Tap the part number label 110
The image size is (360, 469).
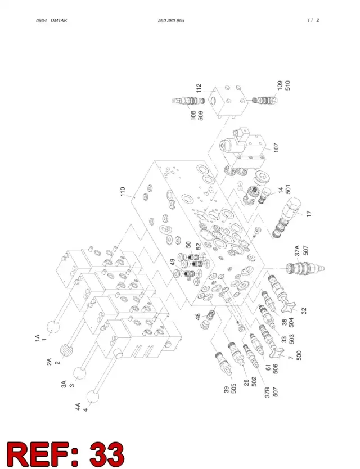pos(123,191)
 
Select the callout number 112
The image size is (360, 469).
pos(199,88)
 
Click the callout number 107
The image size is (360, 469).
pos(276,147)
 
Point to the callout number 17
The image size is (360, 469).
pos(309,214)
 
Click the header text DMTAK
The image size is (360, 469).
pos(59,21)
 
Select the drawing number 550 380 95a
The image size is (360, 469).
pos(171,21)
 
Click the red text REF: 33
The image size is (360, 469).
pos(65,454)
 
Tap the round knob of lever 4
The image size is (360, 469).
pos(93,397)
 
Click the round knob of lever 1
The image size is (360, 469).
pos(54,327)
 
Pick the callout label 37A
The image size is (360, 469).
pos(297,251)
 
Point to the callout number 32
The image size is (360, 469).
pos(304,311)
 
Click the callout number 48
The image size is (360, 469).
pos(198,317)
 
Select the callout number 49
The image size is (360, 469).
pos(173,262)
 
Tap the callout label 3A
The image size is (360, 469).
pos(64,384)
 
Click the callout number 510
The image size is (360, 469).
pos(288,85)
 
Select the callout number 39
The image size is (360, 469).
pos(227,390)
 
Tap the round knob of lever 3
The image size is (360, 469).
pos(79,374)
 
